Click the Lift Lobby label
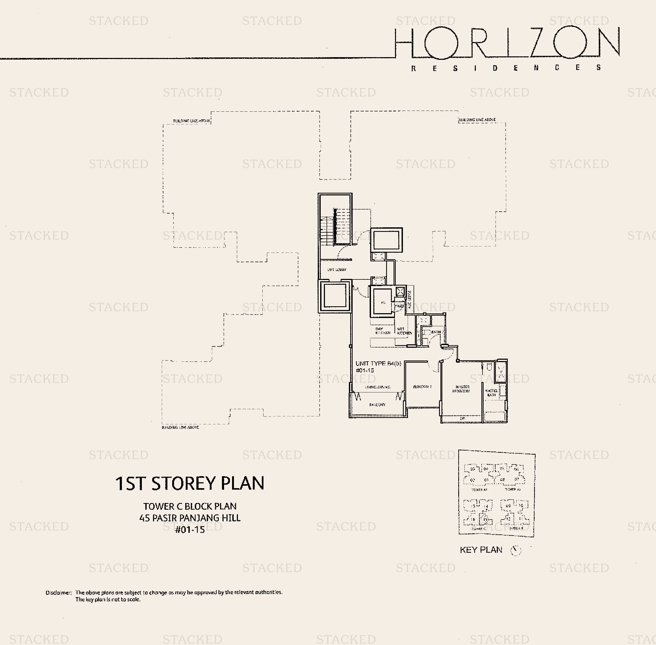click(x=337, y=270)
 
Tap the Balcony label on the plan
click(x=377, y=404)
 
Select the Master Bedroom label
click(x=461, y=389)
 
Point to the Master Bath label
click(x=491, y=393)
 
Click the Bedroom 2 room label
click(x=422, y=387)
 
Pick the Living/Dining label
click(x=377, y=387)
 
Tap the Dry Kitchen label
click(x=382, y=331)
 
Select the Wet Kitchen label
click(x=404, y=331)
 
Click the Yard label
click(x=400, y=306)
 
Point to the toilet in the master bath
click(x=489, y=367)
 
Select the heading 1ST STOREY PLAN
click(x=189, y=483)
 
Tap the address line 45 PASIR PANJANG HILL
click(x=189, y=518)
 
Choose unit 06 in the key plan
click(x=516, y=469)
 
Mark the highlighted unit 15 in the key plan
click(x=485, y=519)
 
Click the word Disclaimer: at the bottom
click(x=59, y=593)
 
